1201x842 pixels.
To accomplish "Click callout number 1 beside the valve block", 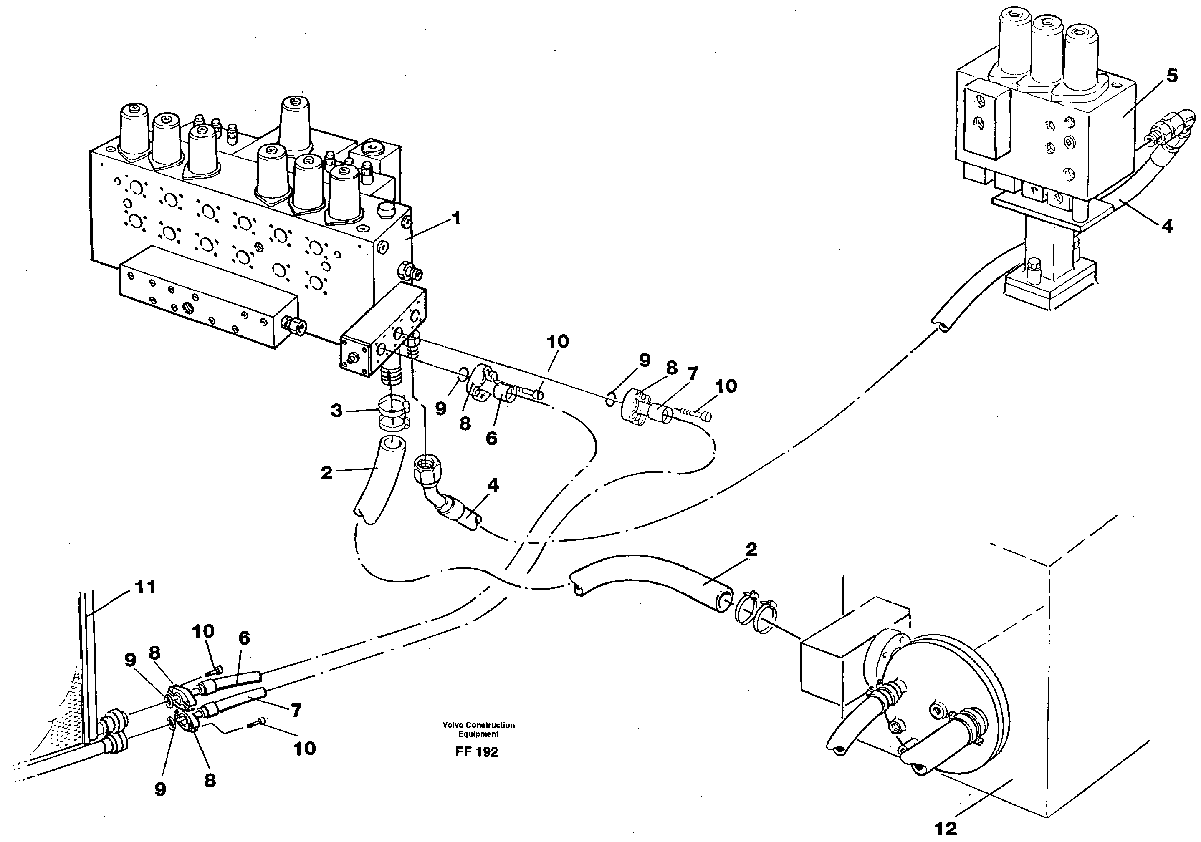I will coord(456,218).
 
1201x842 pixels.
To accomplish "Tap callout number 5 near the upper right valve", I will coord(1172,76).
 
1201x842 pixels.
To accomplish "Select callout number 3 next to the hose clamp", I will coord(336,411).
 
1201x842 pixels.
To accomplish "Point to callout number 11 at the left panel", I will coord(145,587).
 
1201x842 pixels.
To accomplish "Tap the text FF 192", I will coord(477,752).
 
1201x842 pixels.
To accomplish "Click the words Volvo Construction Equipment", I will coord(478,729).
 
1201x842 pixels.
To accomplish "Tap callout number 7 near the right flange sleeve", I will coord(692,374).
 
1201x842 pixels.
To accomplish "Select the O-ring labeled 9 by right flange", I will coord(610,400).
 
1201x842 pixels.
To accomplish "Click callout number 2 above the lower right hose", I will coord(751,549).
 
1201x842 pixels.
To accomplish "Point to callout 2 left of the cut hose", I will coord(326,473).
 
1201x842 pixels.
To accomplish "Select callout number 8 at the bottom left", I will coord(210,780).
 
